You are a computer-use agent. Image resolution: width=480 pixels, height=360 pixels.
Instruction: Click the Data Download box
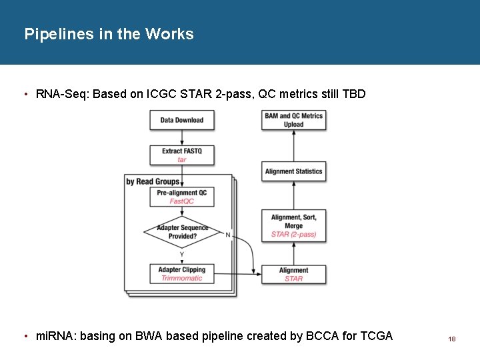182,120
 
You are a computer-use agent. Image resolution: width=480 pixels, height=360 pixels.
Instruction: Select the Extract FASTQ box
182,155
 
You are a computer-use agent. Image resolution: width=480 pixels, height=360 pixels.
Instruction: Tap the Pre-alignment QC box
182,197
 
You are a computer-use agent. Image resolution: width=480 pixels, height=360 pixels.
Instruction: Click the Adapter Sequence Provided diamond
182,232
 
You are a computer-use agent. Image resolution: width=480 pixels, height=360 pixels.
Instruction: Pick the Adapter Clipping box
182,274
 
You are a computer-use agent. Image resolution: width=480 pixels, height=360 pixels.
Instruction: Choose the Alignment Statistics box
293,171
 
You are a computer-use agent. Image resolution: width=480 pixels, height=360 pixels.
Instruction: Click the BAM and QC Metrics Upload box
293,120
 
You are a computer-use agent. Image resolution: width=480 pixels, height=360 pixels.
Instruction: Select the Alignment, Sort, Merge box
293,226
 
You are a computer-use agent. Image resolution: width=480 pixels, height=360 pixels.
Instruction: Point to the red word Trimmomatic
182,278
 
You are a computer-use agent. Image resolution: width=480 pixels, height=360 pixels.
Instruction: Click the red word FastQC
182,201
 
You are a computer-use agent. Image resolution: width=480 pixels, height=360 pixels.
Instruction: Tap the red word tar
182,160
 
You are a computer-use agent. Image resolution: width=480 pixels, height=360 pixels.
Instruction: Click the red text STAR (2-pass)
293,235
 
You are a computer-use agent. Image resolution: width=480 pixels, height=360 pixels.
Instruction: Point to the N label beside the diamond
228,235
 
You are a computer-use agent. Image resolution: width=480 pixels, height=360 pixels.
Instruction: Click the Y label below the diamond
182,255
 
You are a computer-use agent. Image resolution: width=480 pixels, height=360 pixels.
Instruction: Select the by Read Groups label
153,181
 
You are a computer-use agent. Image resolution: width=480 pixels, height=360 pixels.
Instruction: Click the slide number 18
452,339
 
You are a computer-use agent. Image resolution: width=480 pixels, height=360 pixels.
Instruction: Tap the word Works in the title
169,34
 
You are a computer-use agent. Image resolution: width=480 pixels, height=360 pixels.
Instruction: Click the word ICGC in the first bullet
161,94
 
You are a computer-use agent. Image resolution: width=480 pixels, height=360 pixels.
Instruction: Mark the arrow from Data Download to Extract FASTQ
182,137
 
